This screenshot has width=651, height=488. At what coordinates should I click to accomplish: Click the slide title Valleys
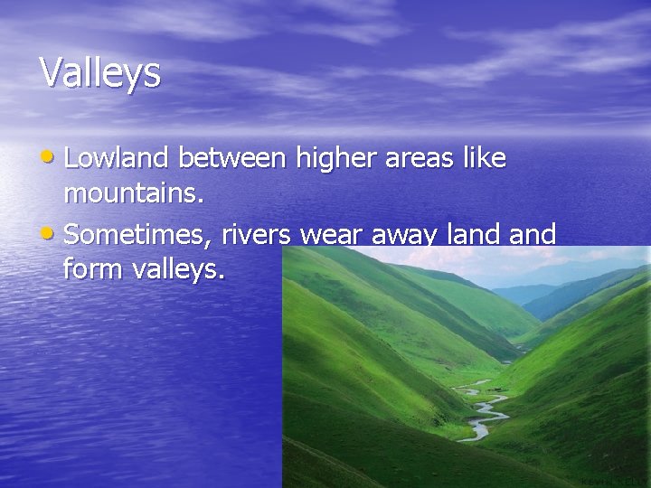pyautogui.click(x=100, y=72)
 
